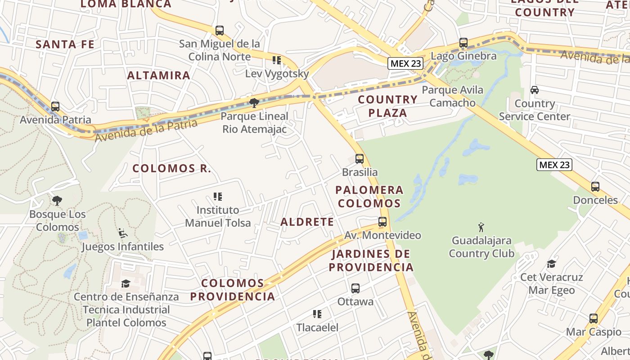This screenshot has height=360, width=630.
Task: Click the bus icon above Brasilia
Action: (360, 159)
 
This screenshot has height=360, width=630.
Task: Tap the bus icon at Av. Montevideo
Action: (382, 222)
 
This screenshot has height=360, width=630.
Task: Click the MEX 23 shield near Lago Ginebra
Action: (406, 63)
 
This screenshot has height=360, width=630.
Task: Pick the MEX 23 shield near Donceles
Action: (554, 165)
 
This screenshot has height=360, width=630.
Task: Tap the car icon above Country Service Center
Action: (535, 90)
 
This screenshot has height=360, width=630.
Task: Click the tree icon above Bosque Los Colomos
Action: (57, 201)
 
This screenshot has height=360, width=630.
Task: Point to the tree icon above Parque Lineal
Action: (254, 103)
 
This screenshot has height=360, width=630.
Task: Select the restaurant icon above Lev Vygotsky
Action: (277, 60)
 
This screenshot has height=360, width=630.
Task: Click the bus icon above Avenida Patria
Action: (55, 107)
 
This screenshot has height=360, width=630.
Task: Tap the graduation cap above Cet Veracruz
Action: (551, 264)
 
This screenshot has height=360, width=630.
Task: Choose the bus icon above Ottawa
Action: (355, 288)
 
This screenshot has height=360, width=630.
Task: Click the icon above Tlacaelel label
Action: (317, 314)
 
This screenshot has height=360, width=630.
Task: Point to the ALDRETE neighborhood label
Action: (307, 222)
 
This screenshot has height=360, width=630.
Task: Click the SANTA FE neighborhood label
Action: (65, 44)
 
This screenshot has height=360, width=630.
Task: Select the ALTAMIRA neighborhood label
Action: (159, 75)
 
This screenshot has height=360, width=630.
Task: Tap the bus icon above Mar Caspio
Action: (594, 319)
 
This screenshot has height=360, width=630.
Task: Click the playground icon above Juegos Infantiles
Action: (123, 233)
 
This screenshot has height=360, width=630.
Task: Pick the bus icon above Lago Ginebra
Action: (463, 43)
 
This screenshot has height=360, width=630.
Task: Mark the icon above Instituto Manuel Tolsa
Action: (218, 197)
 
